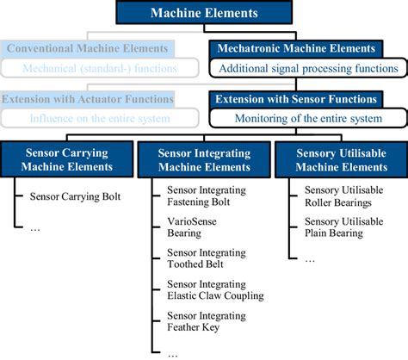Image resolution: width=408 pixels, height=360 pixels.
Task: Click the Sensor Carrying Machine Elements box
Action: click(x=66, y=159)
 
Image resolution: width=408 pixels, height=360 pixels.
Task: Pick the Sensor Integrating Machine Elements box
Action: click(x=203, y=159)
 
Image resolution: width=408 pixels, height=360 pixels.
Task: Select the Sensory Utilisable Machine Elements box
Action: click(x=341, y=159)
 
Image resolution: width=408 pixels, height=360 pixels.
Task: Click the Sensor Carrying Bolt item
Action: click(x=77, y=196)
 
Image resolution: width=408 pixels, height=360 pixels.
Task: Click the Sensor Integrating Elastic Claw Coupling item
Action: click(x=215, y=289)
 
